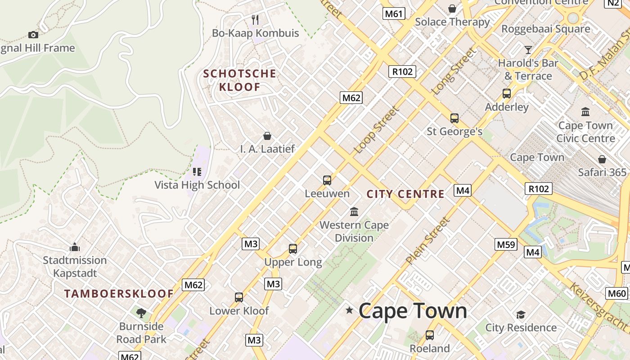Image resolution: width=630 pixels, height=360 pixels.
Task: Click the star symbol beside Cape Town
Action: coord(349,310)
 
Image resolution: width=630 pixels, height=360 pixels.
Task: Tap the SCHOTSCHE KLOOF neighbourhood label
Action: coord(239,80)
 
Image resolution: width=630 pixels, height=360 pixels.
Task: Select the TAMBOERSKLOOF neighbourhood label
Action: coord(119,294)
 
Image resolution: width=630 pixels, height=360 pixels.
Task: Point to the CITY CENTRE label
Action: coord(405,194)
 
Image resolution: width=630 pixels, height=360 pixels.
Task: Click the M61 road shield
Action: coord(394,13)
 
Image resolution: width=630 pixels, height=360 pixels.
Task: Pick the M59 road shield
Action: coord(506,244)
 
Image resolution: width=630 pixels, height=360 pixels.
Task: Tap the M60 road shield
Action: coord(616,294)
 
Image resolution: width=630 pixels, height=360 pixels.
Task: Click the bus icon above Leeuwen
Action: coord(327,180)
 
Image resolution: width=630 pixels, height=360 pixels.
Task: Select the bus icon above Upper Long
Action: coord(293,249)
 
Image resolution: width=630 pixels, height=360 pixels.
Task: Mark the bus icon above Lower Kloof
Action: coord(239,297)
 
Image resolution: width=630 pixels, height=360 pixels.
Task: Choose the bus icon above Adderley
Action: coord(507,94)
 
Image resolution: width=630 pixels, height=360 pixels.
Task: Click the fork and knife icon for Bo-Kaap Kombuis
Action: coord(255,19)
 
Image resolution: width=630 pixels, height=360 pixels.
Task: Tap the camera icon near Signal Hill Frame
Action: coord(33,35)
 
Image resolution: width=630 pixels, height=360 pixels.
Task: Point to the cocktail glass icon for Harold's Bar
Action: coord(528,49)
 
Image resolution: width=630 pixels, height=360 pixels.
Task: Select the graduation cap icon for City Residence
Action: coord(521,315)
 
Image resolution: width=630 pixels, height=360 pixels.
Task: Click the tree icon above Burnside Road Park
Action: coord(141,313)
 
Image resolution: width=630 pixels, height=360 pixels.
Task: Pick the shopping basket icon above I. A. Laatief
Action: coord(267,136)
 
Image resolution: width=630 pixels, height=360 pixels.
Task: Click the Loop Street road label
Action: coord(377,130)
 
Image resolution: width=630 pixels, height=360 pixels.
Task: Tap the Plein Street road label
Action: coord(427,240)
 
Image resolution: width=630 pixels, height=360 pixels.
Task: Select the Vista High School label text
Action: coord(197,185)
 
